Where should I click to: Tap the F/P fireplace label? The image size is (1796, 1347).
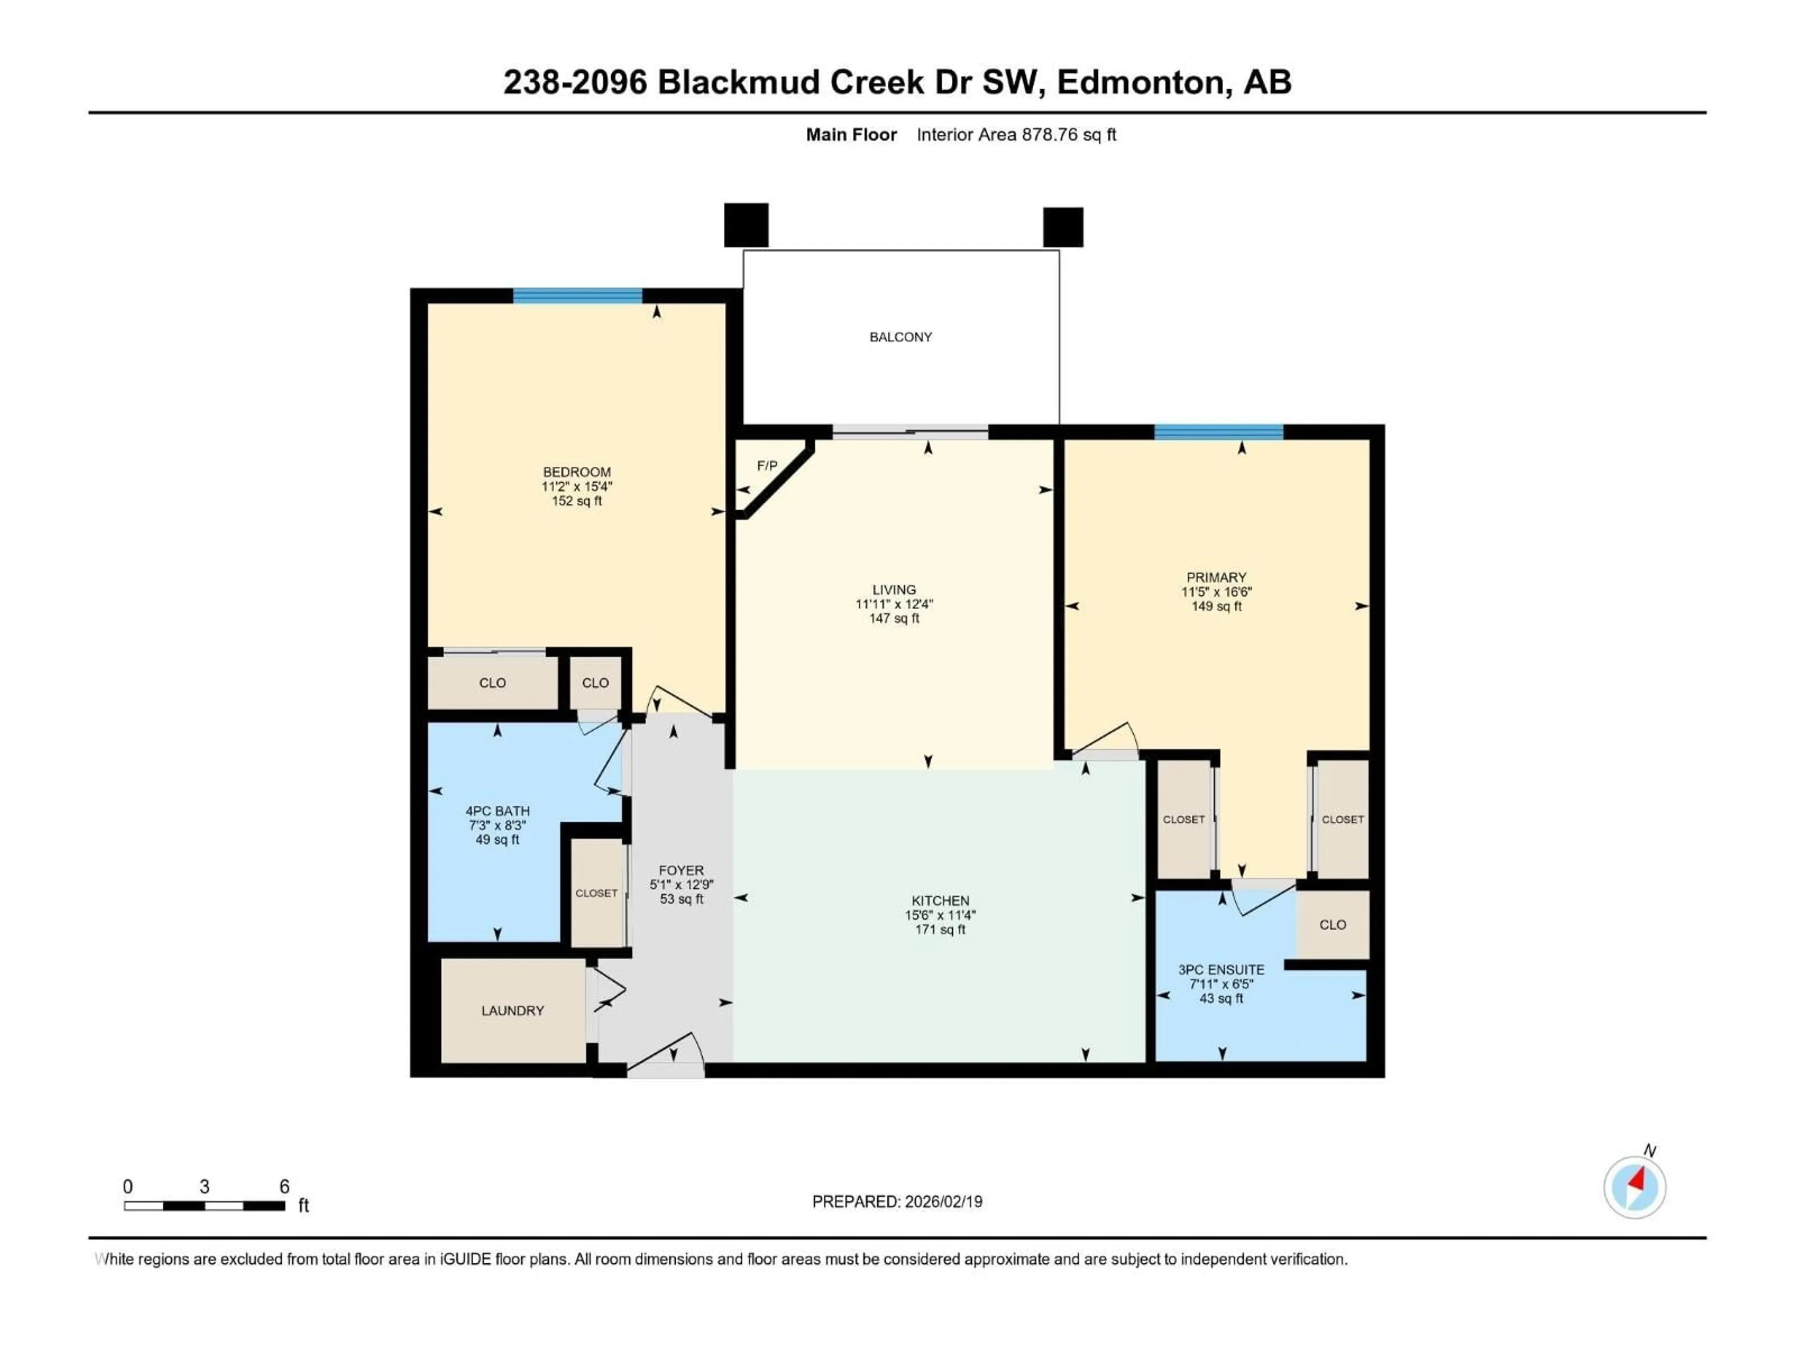(767, 466)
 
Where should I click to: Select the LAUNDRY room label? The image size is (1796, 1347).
(512, 1011)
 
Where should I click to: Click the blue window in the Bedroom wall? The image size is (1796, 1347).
(577, 296)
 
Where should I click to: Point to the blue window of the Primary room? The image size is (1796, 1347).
(1218, 432)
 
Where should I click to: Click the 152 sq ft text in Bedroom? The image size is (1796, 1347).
(577, 501)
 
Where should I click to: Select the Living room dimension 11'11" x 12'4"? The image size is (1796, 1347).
(894, 604)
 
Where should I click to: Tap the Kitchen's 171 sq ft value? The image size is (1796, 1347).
(940, 930)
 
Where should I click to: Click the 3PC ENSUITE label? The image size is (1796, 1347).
(1221, 970)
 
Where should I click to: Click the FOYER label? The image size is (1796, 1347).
(681, 870)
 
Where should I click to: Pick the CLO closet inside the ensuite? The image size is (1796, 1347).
(1333, 925)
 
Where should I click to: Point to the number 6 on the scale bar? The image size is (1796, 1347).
(284, 1186)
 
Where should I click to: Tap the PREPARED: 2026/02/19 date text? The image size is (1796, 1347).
(897, 1202)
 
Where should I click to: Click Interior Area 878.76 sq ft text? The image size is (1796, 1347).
(1016, 135)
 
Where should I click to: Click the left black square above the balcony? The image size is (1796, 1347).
(746, 225)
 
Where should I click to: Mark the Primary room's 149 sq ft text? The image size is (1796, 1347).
(1217, 607)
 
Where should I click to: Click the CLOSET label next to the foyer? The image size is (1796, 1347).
(597, 893)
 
